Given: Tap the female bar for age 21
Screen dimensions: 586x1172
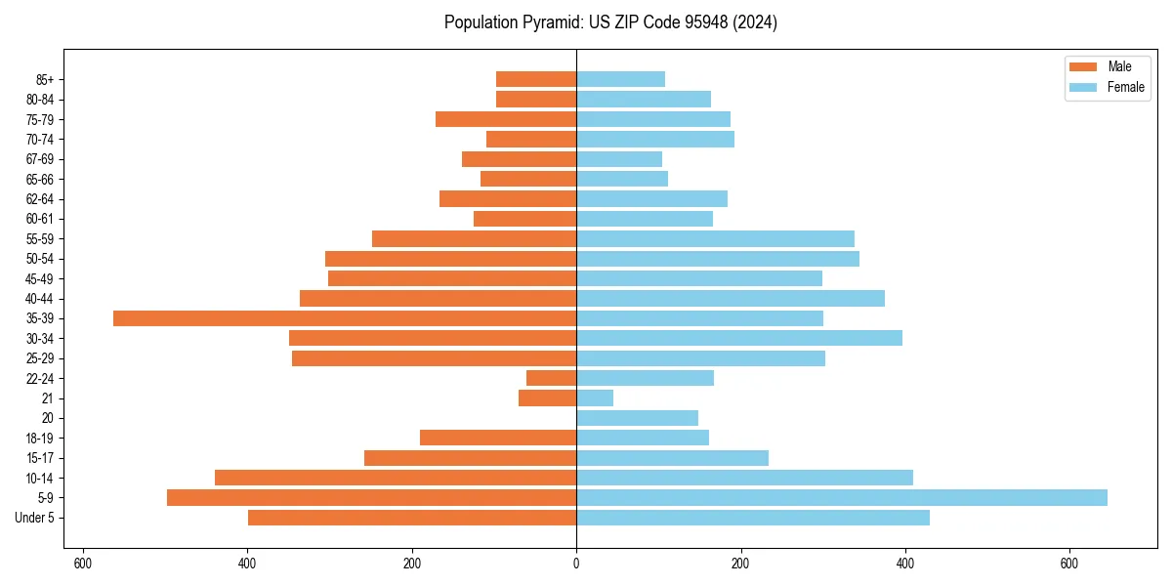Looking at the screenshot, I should pos(595,398).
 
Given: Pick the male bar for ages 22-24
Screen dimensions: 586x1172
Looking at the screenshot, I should pos(552,378).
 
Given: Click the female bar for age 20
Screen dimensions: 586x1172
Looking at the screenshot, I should pos(637,418).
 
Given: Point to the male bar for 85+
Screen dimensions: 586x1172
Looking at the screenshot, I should pos(536,79).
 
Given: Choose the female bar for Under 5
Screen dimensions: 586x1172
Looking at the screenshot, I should pos(753,518).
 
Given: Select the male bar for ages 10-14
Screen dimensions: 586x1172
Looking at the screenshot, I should pos(396,478).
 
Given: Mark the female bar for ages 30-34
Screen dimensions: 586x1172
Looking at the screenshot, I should pos(739,338).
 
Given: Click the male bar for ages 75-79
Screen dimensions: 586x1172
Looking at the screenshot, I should pos(506,119).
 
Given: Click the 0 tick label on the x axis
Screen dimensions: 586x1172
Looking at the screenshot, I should pos(576,564).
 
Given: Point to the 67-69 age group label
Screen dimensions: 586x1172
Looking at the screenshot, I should pos(40,159).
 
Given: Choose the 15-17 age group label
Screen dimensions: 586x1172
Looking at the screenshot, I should pos(40,458).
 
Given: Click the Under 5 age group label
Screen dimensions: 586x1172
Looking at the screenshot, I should pos(35,518).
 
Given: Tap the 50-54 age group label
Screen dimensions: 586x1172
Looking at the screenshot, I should pos(40,259).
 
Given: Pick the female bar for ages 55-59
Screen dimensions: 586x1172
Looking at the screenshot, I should pos(715,238).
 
